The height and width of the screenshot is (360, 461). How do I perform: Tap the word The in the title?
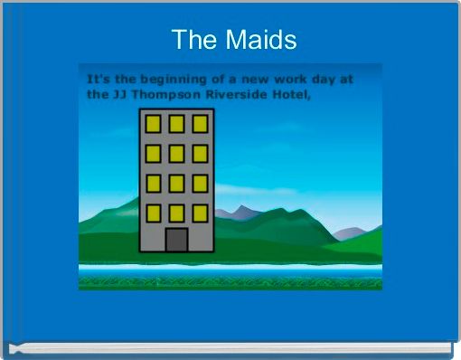pos(190,40)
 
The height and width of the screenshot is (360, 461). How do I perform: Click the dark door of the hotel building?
pos(176,240)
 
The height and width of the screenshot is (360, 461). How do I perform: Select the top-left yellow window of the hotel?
pos(154,124)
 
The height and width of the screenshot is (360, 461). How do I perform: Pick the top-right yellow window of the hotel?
pos(200,124)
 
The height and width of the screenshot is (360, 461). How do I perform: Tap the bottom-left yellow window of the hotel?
pos(154,213)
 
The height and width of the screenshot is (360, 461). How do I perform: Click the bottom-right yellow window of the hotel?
pos(200,213)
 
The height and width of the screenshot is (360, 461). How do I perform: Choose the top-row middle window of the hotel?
pos(176,124)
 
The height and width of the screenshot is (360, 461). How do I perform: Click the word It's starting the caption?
pos(96,79)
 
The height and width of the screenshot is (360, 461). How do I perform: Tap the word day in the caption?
pos(328,79)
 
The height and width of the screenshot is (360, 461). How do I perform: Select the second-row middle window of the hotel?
pos(176,154)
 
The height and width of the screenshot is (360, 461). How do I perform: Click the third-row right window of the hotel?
pos(200,184)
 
